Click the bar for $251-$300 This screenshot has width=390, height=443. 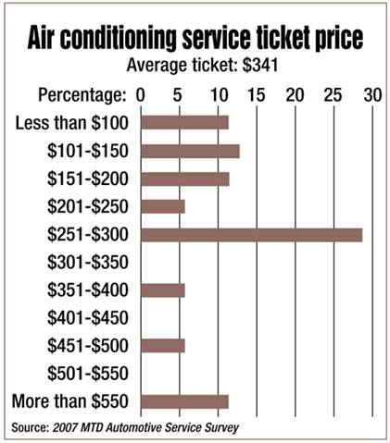tap(251, 234)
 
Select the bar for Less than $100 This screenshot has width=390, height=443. tap(184, 122)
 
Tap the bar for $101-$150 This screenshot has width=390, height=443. tap(190, 151)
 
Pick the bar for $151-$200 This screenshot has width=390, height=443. tap(184, 178)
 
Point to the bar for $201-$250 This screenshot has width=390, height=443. tap(163, 206)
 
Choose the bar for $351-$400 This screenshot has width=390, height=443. tap(163, 290)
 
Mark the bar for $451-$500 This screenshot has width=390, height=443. tap(163, 346)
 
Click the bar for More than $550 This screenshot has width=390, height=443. tap(184, 401)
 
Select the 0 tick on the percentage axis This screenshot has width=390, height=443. tap(141, 95)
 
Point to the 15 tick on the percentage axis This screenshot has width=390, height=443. tap(254, 95)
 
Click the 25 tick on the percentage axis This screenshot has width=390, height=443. tap(332, 95)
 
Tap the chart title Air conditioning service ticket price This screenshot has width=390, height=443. tap(195, 40)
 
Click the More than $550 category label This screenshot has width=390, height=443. tap(71, 401)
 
